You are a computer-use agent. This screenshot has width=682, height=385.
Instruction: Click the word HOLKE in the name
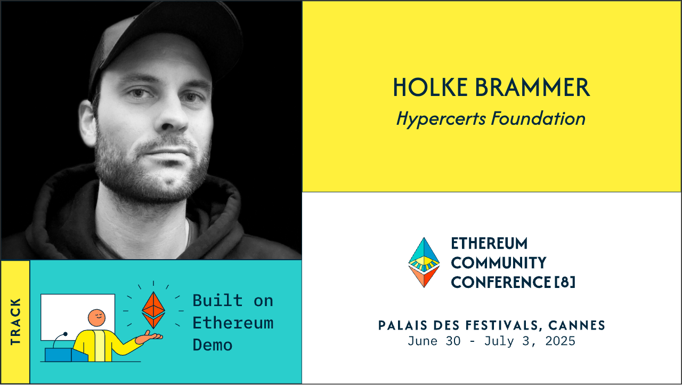pos(423,88)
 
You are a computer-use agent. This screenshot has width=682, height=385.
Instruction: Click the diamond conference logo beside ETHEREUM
pos(424,262)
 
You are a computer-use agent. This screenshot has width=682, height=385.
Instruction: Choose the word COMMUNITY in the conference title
pos(499,263)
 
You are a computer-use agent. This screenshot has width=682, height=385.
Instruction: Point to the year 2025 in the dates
pos(560,341)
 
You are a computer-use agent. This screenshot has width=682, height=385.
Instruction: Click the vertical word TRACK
pos(15,322)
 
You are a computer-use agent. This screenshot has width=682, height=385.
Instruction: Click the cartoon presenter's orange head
pos(96,318)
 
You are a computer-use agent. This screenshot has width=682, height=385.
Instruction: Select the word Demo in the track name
pos(213,345)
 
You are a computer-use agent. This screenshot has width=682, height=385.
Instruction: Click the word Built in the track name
pos(217,301)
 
